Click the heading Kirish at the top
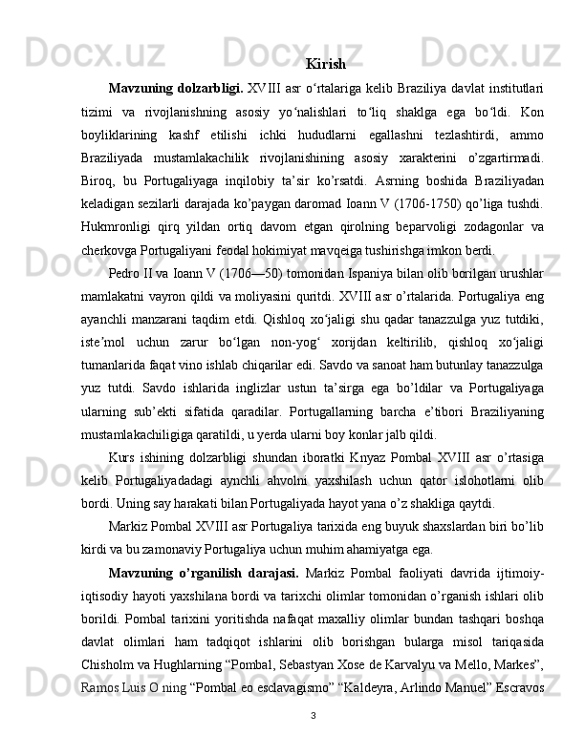(x=326, y=65)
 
